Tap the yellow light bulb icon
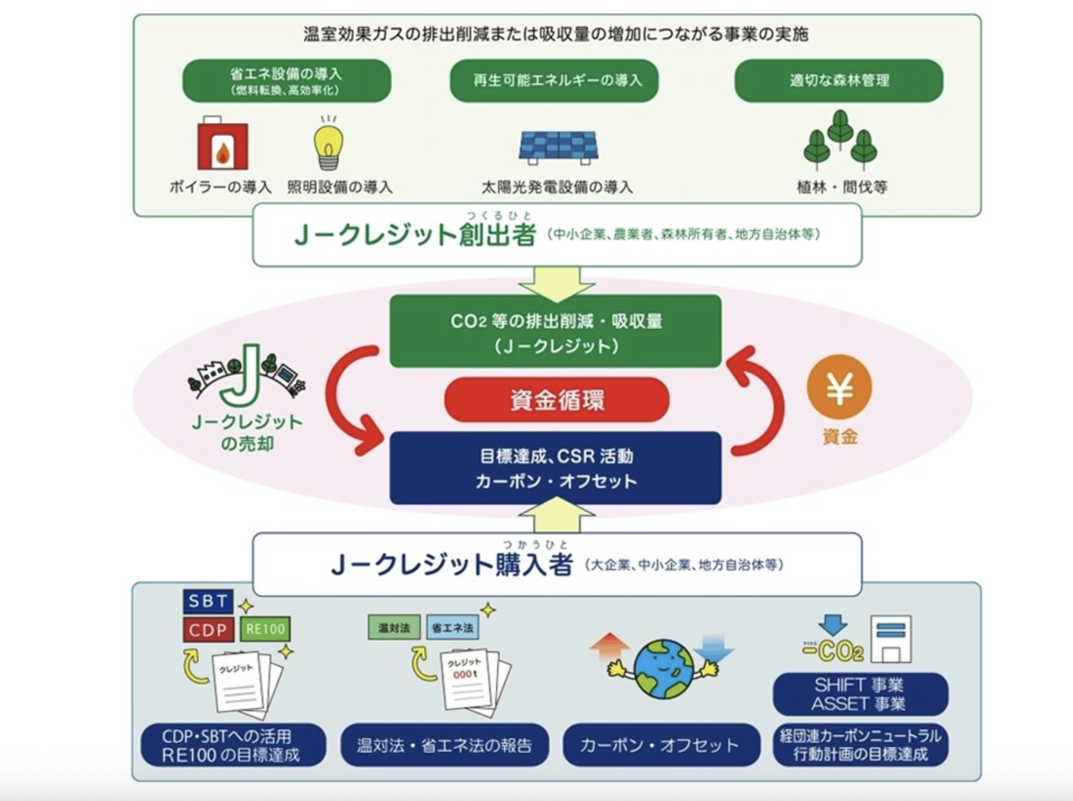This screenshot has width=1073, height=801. pyautogui.click(x=328, y=145)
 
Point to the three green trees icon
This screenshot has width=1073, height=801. pyautogui.click(x=840, y=140)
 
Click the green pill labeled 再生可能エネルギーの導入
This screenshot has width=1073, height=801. pyautogui.click(x=554, y=81)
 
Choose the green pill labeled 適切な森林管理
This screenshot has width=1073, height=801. pyautogui.click(x=838, y=81)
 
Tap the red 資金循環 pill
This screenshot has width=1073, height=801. pyautogui.click(x=557, y=399)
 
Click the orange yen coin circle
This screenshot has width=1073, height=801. pyautogui.click(x=839, y=387)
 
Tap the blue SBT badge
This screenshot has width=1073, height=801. pyautogui.click(x=208, y=601)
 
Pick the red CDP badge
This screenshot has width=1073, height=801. pyautogui.click(x=208, y=629)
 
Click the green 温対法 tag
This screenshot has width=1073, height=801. pyautogui.click(x=394, y=628)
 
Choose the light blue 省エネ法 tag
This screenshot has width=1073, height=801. pyautogui.click(x=452, y=628)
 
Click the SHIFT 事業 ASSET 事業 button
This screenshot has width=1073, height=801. pyautogui.click(x=860, y=694)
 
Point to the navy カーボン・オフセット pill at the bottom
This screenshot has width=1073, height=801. pyautogui.click(x=661, y=745)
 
